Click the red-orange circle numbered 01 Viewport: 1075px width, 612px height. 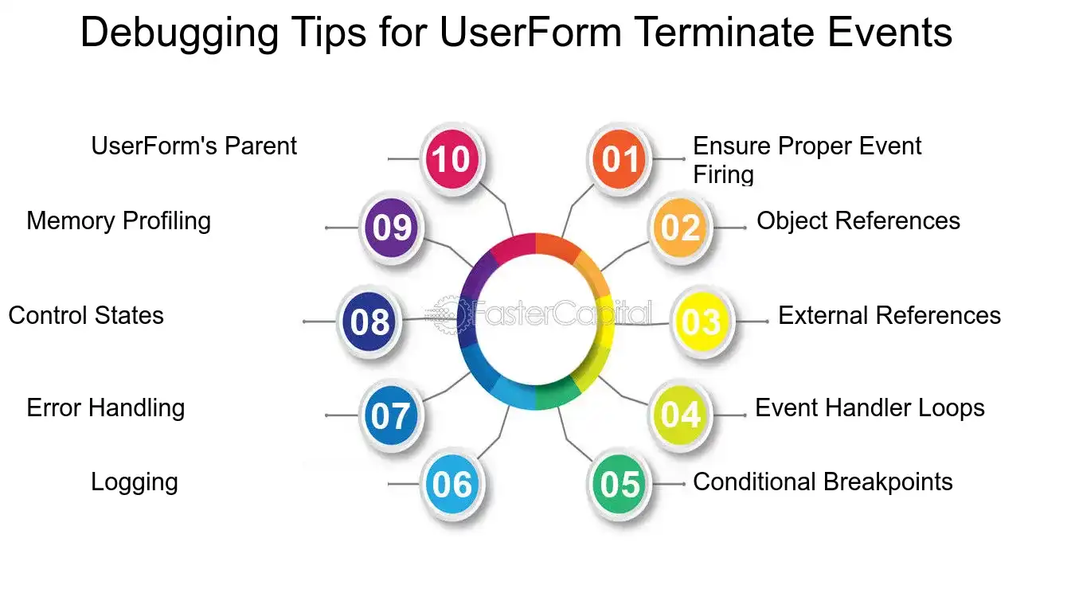(x=619, y=158)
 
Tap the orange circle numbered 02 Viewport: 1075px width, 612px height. (x=680, y=228)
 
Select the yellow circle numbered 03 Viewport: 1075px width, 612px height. (x=702, y=322)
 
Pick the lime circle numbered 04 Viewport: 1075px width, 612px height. (x=680, y=415)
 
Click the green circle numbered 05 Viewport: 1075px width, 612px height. (x=619, y=484)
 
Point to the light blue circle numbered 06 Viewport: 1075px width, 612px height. (x=452, y=484)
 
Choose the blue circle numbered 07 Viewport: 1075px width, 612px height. (x=391, y=415)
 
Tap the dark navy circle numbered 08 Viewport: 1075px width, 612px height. (x=369, y=322)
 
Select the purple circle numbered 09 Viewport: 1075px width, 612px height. (x=391, y=228)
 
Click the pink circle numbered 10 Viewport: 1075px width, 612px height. (x=452, y=158)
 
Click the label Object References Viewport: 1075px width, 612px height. (x=858, y=221)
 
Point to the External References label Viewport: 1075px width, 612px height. (x=889, y=316)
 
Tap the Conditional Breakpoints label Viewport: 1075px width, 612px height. (x=823, y=482)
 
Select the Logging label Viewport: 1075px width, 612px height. (x=135, y=482)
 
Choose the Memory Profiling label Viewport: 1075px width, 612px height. (x=119, y=221)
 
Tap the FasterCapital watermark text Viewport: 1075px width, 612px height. (x=561, y=313)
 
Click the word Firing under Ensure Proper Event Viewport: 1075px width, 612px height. (x=723, y=174)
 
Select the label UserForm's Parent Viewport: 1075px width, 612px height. (x=193, y=146)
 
